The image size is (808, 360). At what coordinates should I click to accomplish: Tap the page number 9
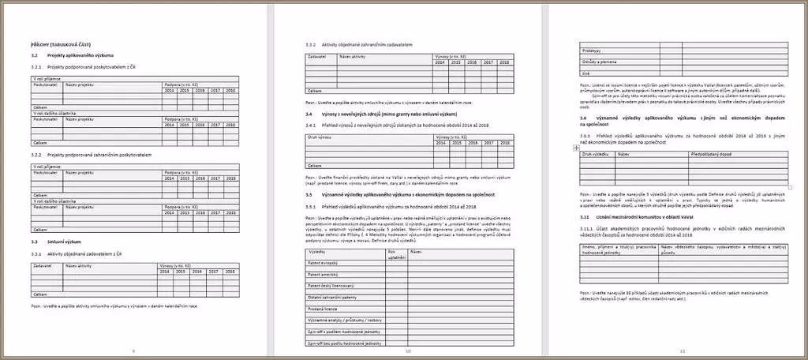click(133, 350)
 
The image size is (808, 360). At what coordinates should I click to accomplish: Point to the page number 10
click(408, 350)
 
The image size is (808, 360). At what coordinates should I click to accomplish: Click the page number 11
click(683, 350)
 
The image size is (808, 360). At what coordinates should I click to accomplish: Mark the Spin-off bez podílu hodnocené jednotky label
click(344, 344)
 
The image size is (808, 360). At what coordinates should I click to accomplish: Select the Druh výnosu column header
click(320, 137)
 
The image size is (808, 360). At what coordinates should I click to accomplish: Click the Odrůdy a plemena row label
click(599, 62)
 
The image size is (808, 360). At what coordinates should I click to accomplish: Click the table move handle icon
click(576, 148)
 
